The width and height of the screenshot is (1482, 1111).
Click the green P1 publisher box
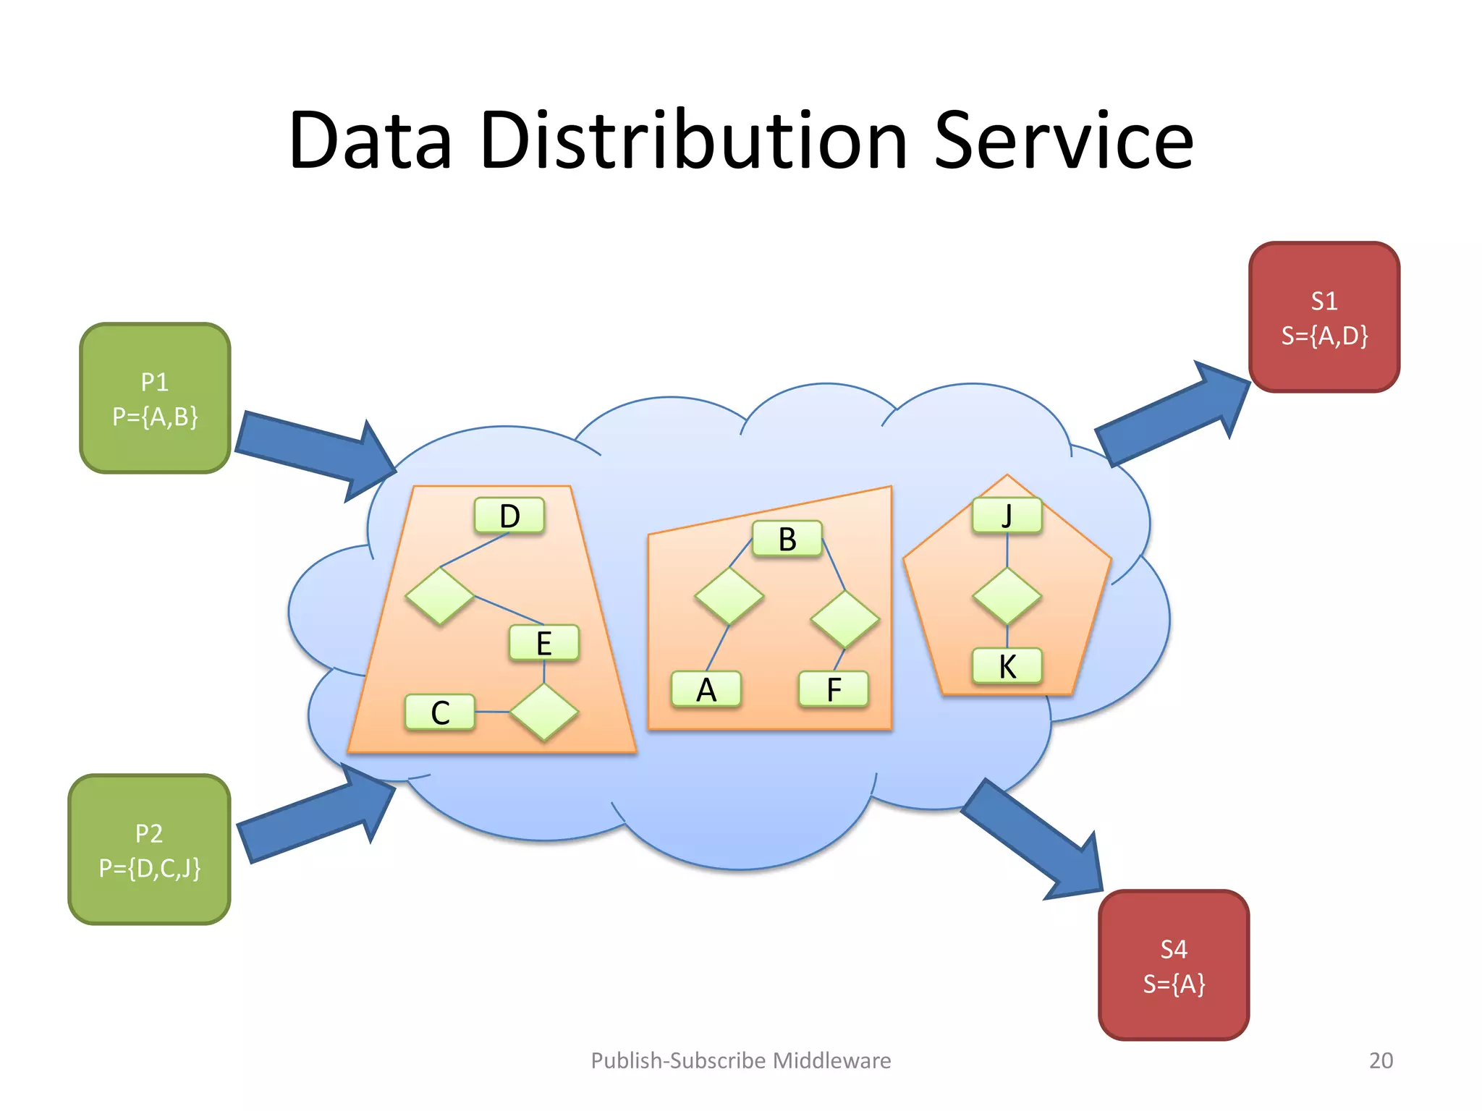tap(155, 399)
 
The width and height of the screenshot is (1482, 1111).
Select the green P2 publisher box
tap(149, 850)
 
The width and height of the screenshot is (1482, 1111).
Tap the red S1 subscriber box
tap(1324, 318)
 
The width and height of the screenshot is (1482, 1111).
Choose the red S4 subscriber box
tap(1173, 966)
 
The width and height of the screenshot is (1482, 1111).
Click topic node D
tap(509, 516)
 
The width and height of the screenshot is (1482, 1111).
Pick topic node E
tap(544, 643)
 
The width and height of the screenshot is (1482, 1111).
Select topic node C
tap(440, 712)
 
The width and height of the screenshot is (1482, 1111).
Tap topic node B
tap(787, 539)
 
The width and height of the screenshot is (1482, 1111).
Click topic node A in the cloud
tap(706, 689)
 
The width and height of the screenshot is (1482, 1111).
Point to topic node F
tap(834, 689)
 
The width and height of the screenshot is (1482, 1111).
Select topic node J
tap(1007, 516)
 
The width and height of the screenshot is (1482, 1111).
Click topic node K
tap(1007, 666)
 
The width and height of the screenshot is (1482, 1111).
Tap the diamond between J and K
tap(1007, 596)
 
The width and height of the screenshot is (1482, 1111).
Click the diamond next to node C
tap(544, 712)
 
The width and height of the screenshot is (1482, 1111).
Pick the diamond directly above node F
tap(844, 620)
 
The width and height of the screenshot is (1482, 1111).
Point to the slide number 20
tap(1381, 1060)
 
